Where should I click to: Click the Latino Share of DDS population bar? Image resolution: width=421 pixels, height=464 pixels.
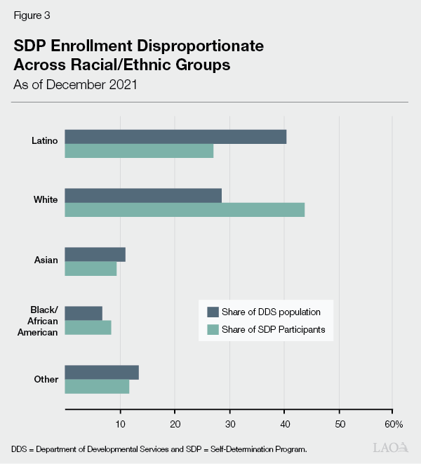coord(175,136)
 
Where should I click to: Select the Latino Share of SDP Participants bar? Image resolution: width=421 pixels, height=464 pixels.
coord(139,151)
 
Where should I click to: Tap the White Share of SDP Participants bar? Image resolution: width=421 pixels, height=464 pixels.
coord(185,210)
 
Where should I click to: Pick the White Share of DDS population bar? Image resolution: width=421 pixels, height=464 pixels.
coord(143,195)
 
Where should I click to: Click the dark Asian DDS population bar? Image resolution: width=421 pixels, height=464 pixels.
coord(95,254)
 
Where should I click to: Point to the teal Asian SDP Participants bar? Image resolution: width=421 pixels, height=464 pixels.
coord(91,269)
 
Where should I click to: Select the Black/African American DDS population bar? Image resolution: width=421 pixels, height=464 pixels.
coord(83,313)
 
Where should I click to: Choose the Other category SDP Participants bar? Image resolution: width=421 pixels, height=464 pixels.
coord(97,387)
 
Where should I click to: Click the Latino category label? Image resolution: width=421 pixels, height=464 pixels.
coord(45,140)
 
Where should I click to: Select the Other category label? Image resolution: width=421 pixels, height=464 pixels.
coord(46,380)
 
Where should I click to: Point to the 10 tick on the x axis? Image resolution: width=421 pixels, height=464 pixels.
coord(120,424)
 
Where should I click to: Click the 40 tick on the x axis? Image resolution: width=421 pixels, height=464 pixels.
coord(284,424)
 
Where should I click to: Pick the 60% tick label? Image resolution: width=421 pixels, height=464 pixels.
coord(394,424)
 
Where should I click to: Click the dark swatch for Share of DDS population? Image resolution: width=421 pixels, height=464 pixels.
coord(213,312)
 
